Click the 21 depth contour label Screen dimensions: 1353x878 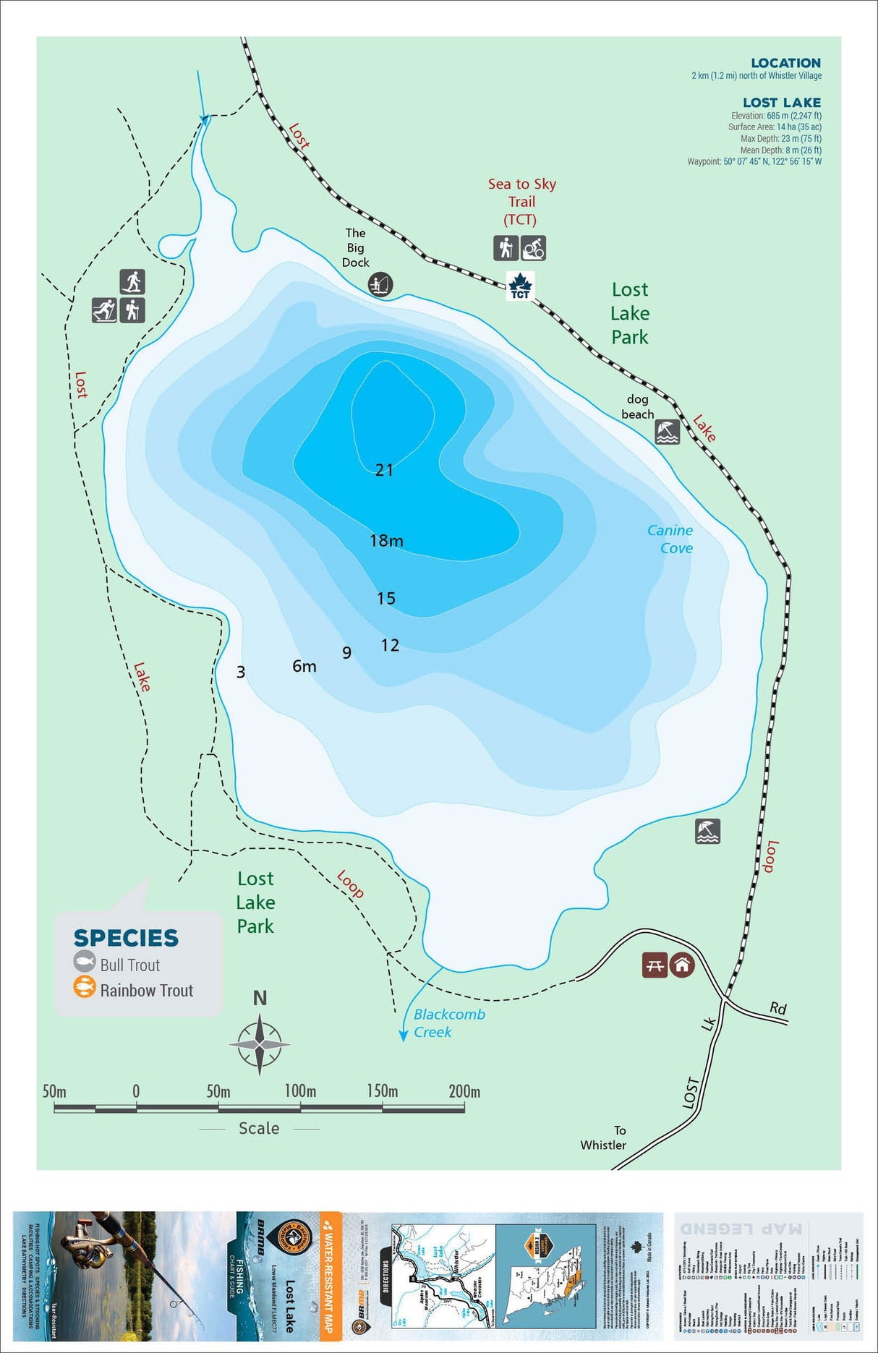[x=384, y=470]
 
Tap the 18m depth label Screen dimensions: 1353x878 [x=386, y=540]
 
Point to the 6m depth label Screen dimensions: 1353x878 [x=304, y=666]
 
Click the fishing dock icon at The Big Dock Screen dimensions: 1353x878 [x=379, y=283]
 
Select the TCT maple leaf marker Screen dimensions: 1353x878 [x=520, y=286]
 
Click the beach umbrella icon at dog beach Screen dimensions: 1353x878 [x=667, y=432]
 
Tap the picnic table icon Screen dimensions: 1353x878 [x=655, y=965]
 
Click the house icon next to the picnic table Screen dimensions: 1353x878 [x=681, y=965]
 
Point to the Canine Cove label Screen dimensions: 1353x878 [x=670, y=539]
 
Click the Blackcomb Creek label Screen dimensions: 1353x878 [x=448, y=1023]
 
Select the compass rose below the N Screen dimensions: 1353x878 [x=260, y=1044]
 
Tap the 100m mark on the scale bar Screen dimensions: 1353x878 [x=300, y=1091]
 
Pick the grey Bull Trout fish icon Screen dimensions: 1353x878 [x=85, y=962]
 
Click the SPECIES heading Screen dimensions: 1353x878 [x=126, y=938]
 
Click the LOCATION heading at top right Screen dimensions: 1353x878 [x=785, y=63]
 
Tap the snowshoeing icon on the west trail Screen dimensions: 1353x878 [x=132, y=281]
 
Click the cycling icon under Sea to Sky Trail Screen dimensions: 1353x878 [x=533, y=248]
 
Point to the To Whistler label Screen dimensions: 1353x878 [x=604, y=1138]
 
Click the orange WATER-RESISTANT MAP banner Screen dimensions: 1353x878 [x=330, y=1276]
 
